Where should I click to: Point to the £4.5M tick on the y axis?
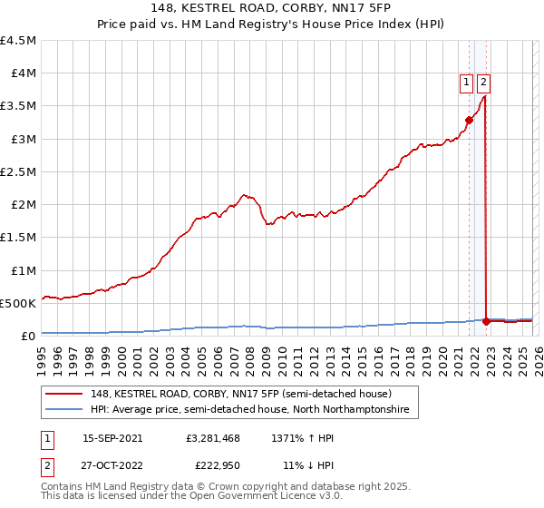tap(18, 41)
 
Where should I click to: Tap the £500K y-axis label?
tap(18, 303)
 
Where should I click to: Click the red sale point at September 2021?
tap(469, 120)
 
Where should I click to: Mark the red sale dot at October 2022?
tap(487, 321)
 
